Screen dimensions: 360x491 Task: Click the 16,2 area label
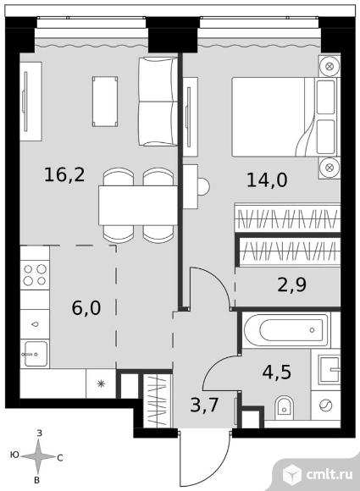pos(64,174)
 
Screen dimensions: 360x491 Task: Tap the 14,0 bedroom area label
pos(267,180)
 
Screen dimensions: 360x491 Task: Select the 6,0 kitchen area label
pos(86,308)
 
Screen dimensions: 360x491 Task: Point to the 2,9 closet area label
pos(291,284)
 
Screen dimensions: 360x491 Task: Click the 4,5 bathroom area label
pos(277,372)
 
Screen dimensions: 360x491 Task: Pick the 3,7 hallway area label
pos(204,405)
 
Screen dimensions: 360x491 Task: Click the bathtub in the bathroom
pos(286,330)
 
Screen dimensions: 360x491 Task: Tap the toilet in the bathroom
pos(284,408)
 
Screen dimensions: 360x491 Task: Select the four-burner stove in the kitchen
pos(35,274)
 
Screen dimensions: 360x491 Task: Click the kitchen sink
pos(35,354)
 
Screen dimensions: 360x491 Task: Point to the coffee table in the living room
pos(105,102)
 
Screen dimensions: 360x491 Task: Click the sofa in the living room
pos(158,102)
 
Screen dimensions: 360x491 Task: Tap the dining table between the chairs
pos(138,205)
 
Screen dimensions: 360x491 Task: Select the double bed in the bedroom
pos(285,117)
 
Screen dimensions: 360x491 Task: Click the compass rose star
pos(38,456)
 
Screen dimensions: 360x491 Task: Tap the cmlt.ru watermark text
pos(330,474)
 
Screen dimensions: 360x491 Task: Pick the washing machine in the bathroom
pos(325,405)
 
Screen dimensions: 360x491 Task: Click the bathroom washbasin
pos(330,369)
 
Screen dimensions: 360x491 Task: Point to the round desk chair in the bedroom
pos(203,186)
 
